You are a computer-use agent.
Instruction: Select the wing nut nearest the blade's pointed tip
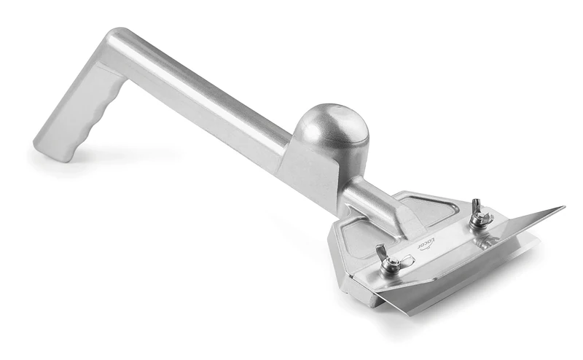point(479,216)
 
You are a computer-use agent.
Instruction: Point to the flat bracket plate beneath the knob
point(310,171)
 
